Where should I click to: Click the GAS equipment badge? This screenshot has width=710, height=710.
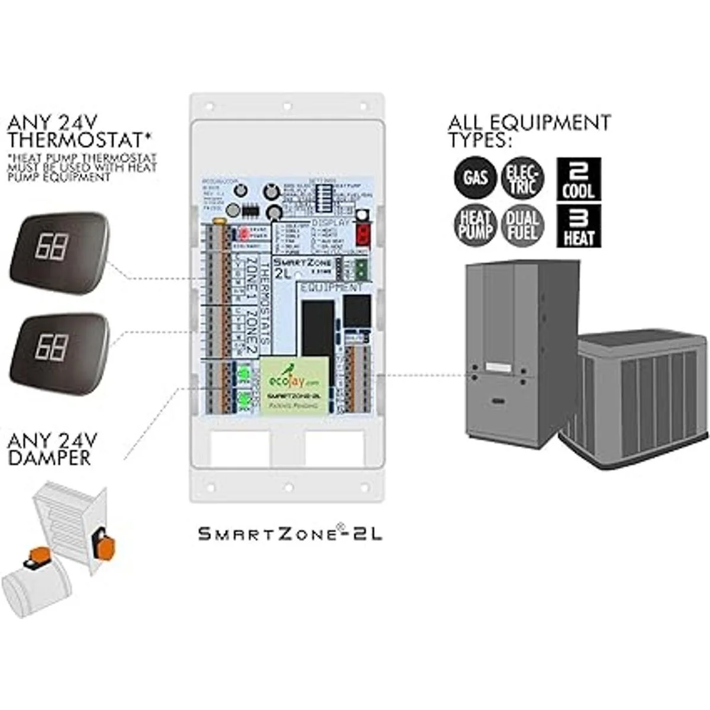pos(475,176)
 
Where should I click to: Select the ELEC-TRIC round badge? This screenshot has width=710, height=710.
pos(522,176)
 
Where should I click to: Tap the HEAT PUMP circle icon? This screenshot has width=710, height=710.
pos(475,225)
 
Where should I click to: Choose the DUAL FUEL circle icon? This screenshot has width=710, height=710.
pos(522,225)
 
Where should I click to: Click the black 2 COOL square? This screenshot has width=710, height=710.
pos(579,179)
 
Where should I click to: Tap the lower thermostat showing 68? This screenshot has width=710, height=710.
pos(59,347)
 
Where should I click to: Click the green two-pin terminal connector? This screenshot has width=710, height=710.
pos(358,270)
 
